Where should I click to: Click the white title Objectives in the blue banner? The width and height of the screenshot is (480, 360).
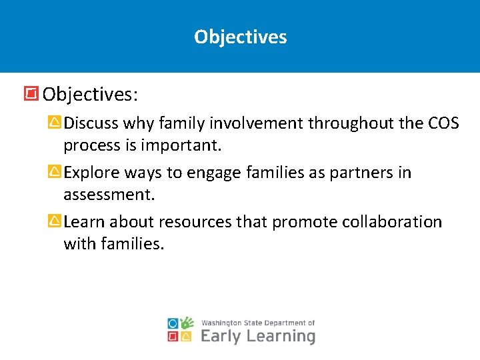(x=240, y=37)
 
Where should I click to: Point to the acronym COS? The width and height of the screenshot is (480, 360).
(x=443, y=123)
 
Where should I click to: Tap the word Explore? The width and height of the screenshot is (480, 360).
(x=91, y=173)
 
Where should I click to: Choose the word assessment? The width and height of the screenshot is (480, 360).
(x=109, y=195)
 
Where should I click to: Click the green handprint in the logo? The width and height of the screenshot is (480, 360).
(x=187, y=323)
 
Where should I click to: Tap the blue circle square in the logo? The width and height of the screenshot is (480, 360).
(x=173, y=323)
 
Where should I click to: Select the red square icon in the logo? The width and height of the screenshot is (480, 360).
(x=173, y=337)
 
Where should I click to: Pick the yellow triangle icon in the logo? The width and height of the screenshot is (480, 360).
(x=187, y=337)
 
